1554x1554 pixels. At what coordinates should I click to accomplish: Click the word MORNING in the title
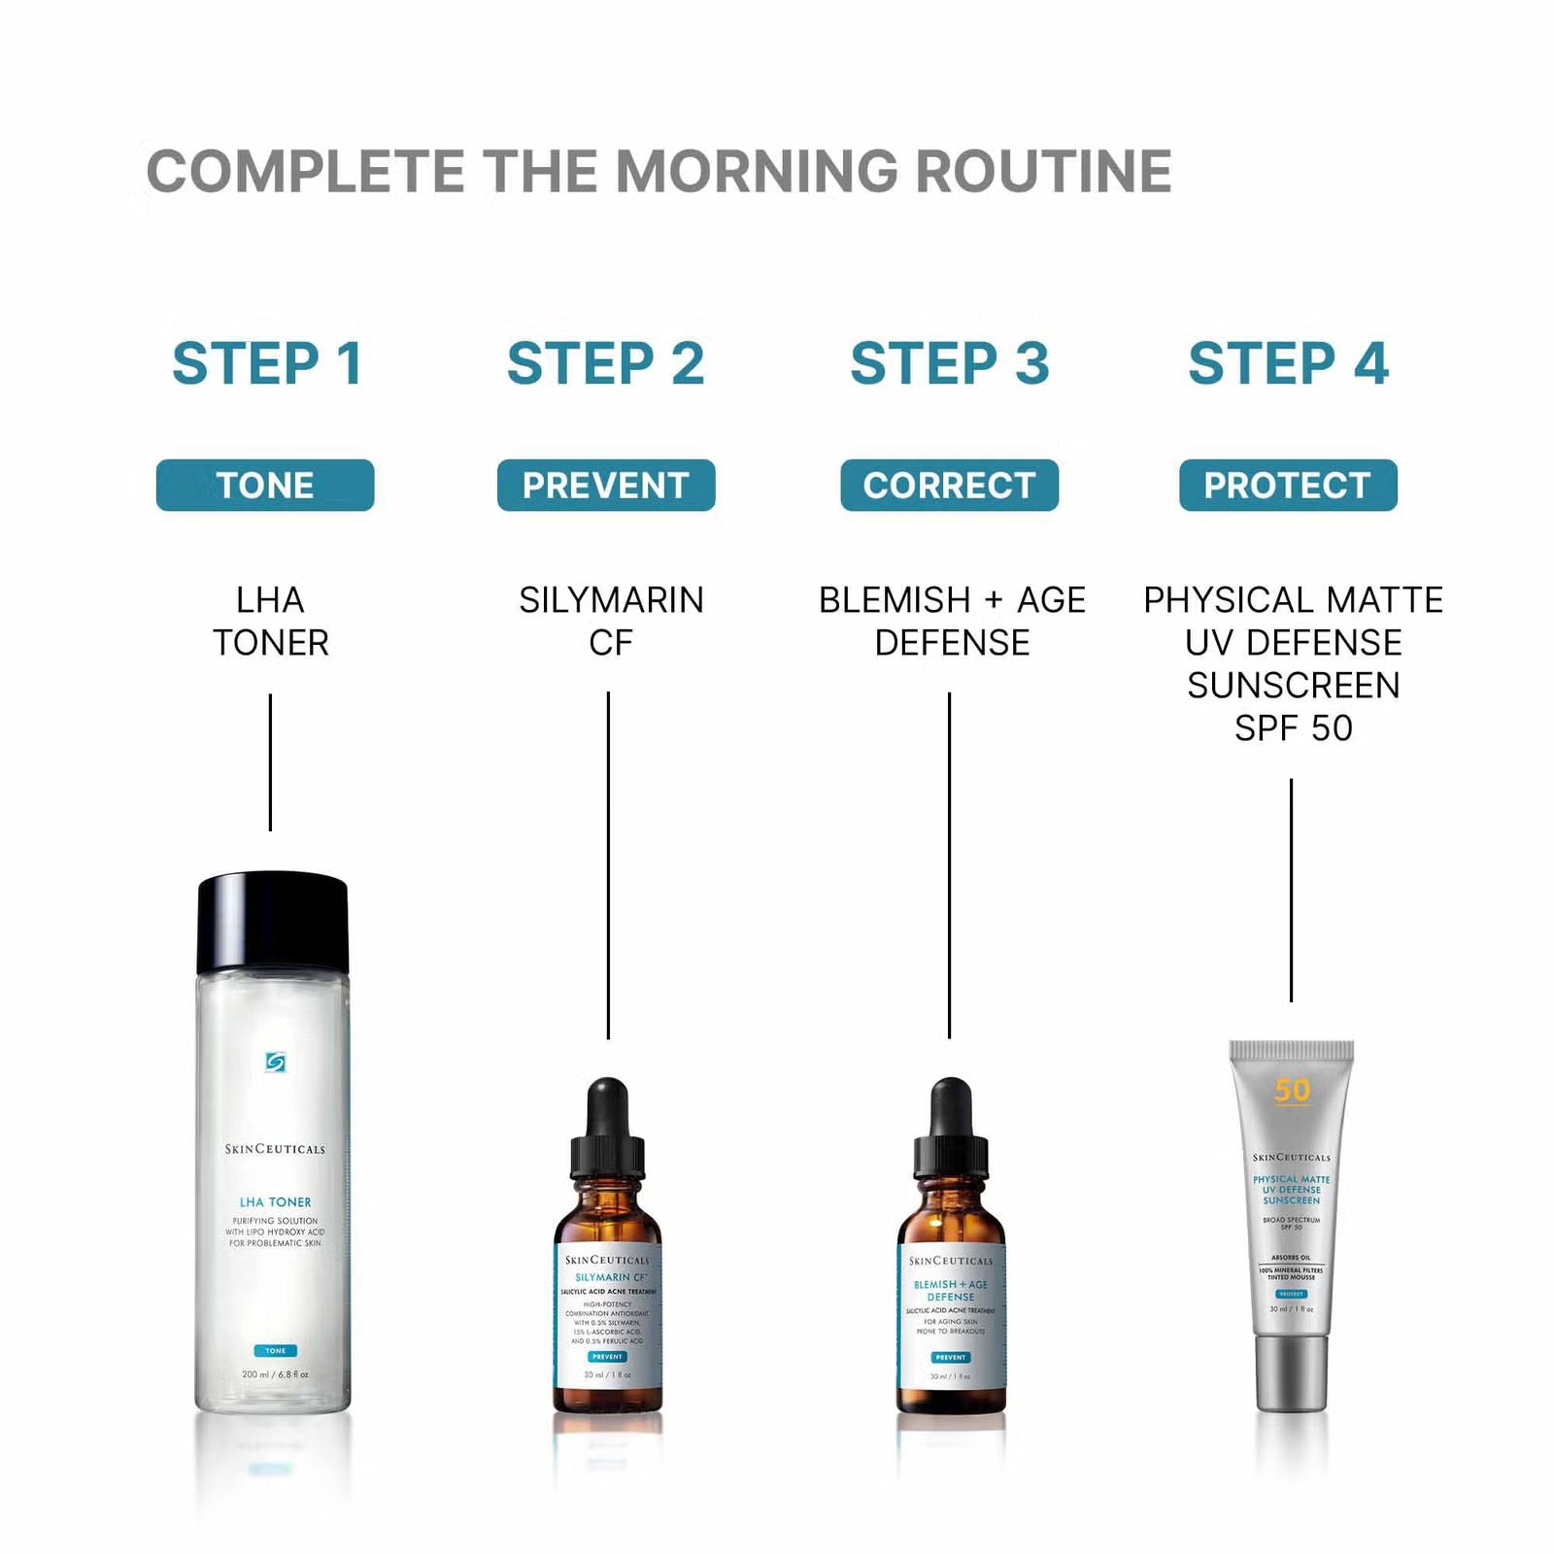(758, 171)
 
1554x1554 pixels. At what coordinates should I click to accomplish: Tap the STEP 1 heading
(267, 363)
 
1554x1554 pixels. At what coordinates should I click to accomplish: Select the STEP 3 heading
(950, 363)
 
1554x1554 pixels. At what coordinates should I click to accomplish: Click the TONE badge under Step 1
(265, 485)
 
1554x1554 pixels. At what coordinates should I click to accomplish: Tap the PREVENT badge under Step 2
(606, 485)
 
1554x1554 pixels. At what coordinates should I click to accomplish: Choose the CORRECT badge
(949, 485)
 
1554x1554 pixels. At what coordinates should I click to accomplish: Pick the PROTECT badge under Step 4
(1288, 485)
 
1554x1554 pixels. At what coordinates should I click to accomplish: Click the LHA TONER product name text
(270, 621)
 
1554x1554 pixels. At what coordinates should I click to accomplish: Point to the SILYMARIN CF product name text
(611, 621)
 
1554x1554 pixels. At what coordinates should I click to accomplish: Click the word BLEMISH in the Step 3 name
(895, 600)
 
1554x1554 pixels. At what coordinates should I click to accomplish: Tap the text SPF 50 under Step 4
(1293, 728)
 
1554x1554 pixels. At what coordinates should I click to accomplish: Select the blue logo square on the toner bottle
(275, 1063)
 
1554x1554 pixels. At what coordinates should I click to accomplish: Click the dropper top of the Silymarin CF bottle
(608, 1127)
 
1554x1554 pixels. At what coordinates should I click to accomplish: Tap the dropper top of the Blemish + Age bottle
(951, 1127)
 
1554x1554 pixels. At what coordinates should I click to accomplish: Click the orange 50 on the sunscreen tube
(1292, 1091)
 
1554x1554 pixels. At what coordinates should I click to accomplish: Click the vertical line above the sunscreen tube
(1291, 889)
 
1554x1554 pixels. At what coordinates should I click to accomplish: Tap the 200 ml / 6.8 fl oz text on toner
(275, 1374)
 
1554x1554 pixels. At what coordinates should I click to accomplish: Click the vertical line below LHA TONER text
(270, 762)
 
